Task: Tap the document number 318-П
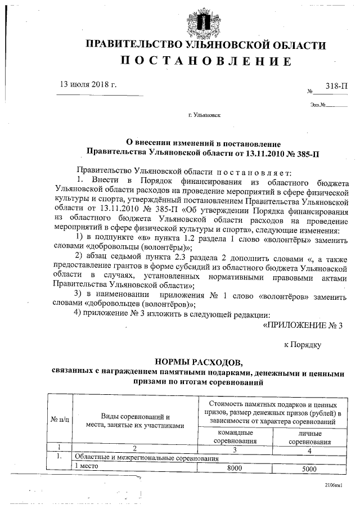[x=336, y=85]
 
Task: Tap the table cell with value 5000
[x=309, y=468]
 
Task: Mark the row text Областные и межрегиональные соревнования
[x=146, y=458]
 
